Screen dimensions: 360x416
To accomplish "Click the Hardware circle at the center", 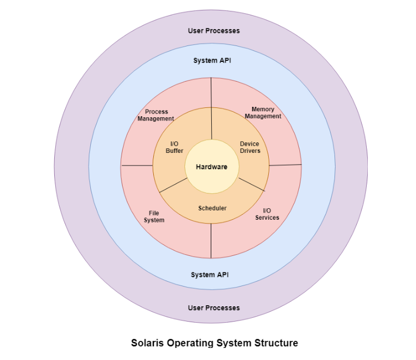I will tap(211, 167).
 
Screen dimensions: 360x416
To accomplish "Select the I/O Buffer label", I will tap(174, 147).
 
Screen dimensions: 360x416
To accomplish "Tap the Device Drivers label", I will tap(250, 147).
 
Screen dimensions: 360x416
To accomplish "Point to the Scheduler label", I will tap(212, 208).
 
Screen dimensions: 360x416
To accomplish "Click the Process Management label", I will tap(156, 115).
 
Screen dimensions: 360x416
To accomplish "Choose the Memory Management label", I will tap(263, 113).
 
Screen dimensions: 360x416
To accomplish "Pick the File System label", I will tap(154, 216).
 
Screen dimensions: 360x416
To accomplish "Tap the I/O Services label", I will tap(267, 214).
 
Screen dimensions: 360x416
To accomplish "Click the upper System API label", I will tap(212, 60).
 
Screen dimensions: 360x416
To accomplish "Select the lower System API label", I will tap(210, 274).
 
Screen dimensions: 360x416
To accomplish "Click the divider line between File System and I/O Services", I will tap(211, 241).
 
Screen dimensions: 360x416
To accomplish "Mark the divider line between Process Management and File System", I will tap(137, 165).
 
